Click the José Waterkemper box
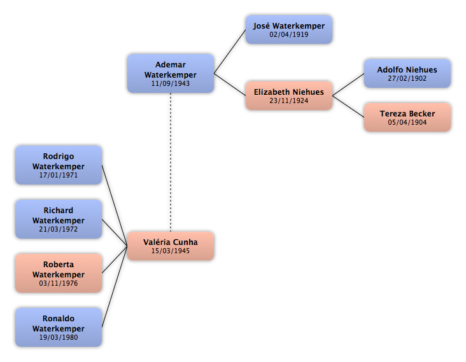point(289,30)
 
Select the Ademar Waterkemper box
point(171,73)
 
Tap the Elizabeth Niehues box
point(289,95)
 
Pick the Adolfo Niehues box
point(407,73)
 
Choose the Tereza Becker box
point(407,117)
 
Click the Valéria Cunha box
point(171,246)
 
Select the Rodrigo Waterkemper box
point(59,165)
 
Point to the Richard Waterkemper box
point(59,219)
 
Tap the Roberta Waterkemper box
point(59,273)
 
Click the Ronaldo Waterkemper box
point(59,327)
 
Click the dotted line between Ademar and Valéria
point(171,162)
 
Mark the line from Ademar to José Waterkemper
point(230,52)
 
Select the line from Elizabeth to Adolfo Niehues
point(348,85)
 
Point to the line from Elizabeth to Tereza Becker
point(348,106)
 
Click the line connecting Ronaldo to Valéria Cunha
point(115,286)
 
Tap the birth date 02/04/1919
point(289,34)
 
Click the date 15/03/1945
point(171,251)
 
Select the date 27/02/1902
point(407,78)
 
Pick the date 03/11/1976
point(59,283)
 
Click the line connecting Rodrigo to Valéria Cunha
point(115,205)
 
